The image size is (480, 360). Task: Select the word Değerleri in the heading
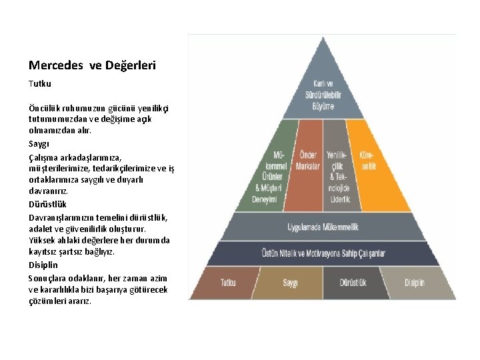(130, 65)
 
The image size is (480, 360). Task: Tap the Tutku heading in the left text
(39, 84)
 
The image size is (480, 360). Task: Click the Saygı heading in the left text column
(39, 143)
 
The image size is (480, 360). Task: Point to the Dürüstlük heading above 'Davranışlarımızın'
(47, 204)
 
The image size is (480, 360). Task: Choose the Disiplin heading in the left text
(43, 265)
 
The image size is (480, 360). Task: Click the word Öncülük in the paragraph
(45, 108)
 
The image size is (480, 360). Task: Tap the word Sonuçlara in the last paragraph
(48, 277)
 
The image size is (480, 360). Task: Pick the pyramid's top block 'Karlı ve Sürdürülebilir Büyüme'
(323, 93)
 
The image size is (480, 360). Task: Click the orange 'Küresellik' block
(368, 160)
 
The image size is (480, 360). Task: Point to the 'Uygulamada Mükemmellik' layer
(323, 227)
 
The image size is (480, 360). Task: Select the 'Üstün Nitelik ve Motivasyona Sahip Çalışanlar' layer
(323, 253)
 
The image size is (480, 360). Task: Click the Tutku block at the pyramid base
(228, 283)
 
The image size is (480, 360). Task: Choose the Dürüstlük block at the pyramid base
(353, 283)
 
